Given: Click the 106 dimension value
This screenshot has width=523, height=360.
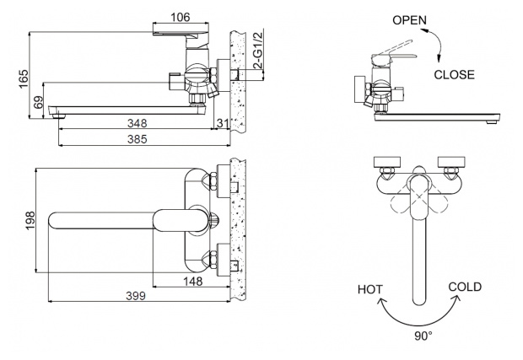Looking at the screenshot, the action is (181, 17).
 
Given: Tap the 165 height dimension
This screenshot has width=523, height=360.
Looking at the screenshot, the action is (24, 79).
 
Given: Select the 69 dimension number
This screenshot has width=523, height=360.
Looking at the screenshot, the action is (39, 102).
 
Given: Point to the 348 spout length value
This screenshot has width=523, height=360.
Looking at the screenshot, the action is (137, 123).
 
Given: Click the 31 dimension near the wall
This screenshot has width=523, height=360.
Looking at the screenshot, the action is (223, 123).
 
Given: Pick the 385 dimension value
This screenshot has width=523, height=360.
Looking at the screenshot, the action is (137, 139).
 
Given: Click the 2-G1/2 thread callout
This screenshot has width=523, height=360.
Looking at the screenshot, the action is (258, 50).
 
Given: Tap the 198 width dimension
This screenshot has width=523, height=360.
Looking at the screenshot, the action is (30, 220).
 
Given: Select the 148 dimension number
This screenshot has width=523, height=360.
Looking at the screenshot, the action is (193, 282).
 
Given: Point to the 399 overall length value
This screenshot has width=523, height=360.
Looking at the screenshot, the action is (136, 296).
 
